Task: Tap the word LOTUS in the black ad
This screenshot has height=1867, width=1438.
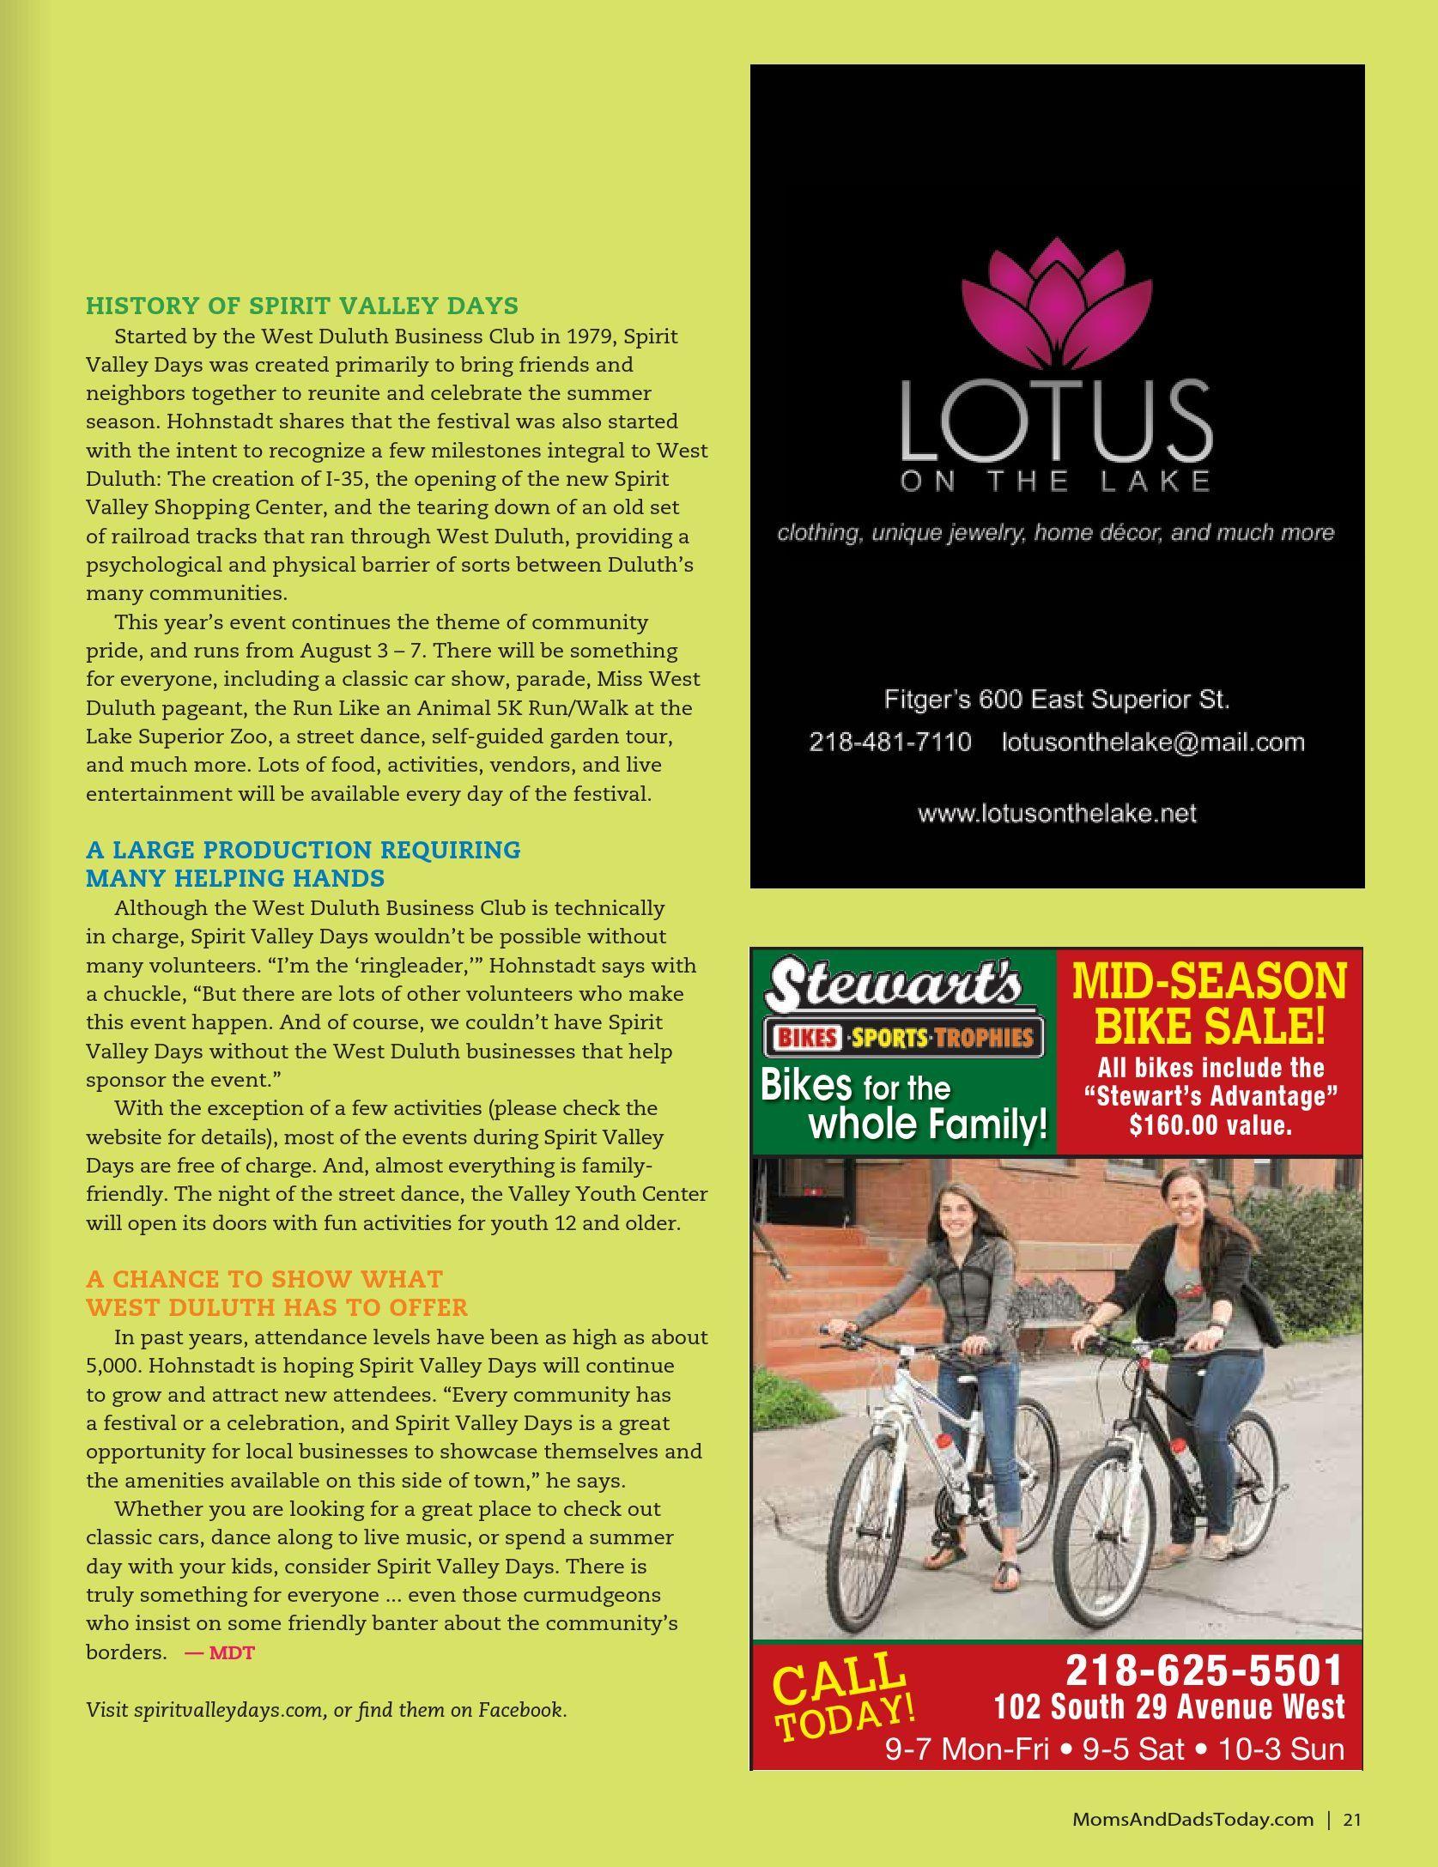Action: pyautogui.click(x=1056, y=422)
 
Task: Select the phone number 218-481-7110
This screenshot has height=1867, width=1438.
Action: pyautogui.click(x=890, y=742)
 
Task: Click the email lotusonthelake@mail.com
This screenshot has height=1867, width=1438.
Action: pyautogui.click(x=1153, y=742)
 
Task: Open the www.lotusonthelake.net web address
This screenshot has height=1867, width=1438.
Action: pyautogui.click(x=1057, y=813)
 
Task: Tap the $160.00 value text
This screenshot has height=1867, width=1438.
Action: pyautogui.click(x=1210, y=1124)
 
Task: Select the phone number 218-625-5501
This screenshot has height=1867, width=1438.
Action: pyautogui.click(x=1204, y=1670)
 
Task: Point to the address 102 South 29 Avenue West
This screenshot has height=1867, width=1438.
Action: pyautogui.click(x=1169, y=1706)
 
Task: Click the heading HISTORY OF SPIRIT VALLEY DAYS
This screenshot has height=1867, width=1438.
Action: pyautogui.click(x=302, y=306)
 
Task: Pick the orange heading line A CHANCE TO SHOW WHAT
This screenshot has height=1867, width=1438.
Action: pyautogui.click(x=264, y=1279)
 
